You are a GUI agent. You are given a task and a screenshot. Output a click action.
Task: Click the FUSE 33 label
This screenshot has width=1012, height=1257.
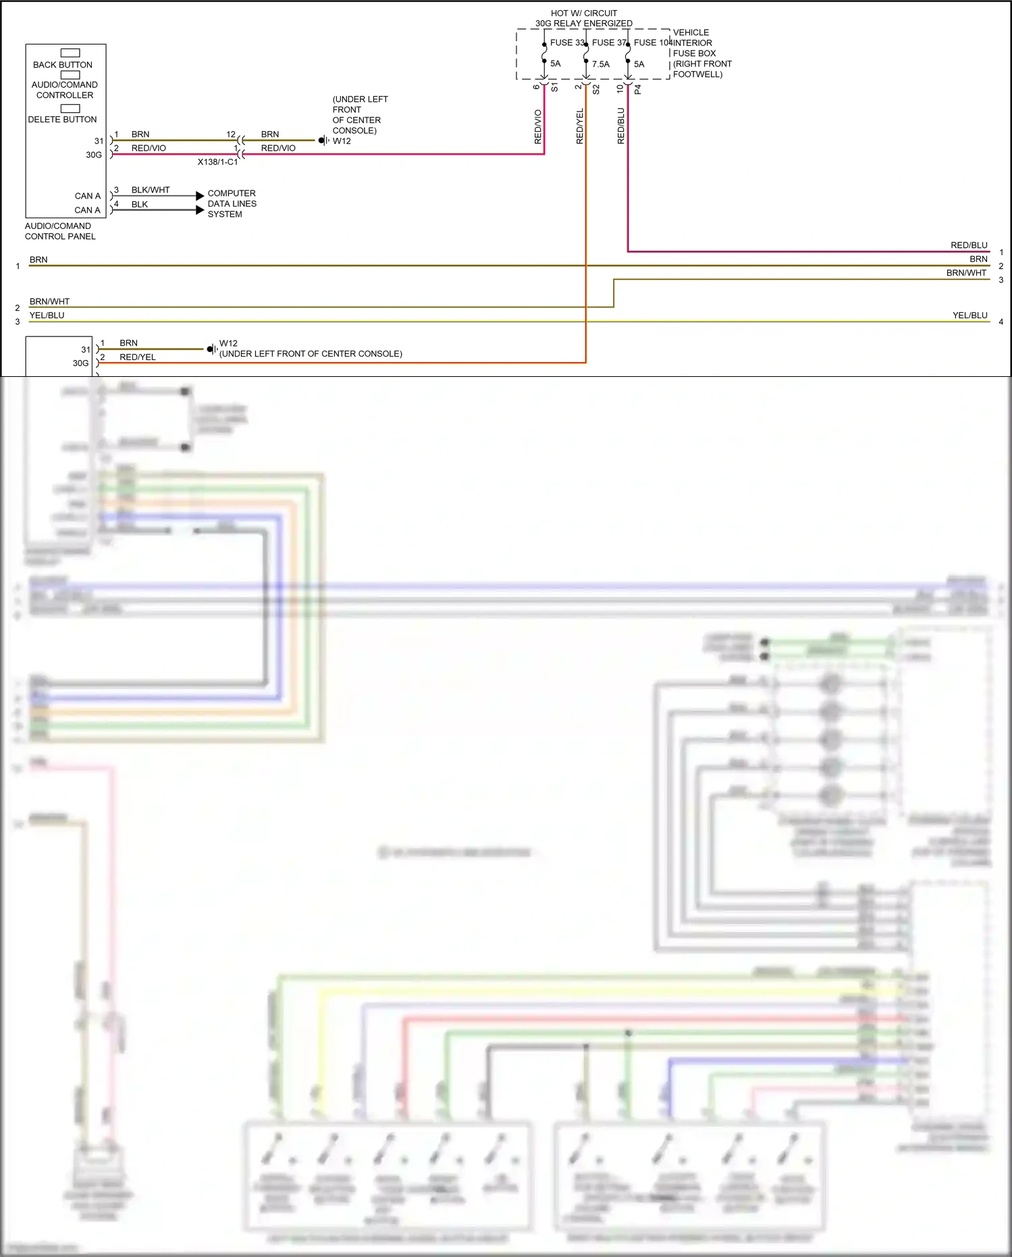tap(566, 43)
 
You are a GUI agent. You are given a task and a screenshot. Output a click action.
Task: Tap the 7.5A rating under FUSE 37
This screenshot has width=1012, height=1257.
tap(600, 64)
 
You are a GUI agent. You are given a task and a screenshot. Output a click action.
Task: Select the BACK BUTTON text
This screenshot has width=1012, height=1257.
tap(63, 65)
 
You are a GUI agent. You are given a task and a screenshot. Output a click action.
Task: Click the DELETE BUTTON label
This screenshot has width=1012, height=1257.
tap(62, 120)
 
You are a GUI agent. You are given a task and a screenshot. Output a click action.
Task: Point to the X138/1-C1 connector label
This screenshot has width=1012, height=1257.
tap(217, 162)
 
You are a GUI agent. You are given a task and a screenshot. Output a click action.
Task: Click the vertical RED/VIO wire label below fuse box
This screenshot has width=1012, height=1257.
tap(538, 126)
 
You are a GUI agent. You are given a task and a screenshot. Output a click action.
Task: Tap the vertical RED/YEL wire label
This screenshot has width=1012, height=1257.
tap(579, 126)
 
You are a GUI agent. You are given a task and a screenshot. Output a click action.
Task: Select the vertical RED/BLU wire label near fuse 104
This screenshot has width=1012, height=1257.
tap(621, 126)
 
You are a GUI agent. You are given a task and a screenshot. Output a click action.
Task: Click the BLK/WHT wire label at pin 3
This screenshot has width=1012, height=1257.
tap(151, 190)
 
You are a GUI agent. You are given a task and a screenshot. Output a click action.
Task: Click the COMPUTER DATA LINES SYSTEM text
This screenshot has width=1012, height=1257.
tap(232, 203)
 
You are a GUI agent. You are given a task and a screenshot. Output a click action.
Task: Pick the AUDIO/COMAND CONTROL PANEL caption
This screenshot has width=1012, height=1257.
tap(60, 231)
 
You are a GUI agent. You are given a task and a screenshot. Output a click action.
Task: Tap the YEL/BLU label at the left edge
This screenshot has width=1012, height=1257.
tap(47, 315)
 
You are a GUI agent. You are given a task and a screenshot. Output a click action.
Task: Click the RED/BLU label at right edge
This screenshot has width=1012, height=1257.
tap(969, 245)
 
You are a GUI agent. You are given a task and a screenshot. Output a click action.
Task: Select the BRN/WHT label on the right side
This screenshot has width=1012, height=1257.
tap(966, 273)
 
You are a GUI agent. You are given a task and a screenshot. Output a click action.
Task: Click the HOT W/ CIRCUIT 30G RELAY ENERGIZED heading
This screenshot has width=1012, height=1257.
tap(584, 18)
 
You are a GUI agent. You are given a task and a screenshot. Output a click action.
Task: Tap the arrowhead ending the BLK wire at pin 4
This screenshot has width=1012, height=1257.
tap(200, 210)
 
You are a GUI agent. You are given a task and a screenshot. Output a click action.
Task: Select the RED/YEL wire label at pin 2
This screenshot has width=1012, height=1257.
tap(138, 357)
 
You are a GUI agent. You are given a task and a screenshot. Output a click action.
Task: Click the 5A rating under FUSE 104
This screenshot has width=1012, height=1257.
tap(639, 64)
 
